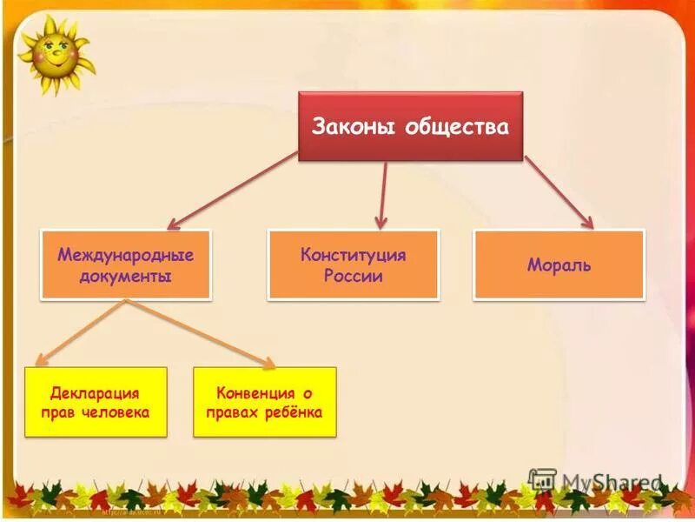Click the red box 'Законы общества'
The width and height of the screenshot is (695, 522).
(410, 127)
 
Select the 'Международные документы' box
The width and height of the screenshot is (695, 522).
(126, 264)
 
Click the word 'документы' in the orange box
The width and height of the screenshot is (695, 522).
(126, 276)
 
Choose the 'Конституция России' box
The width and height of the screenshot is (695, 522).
(353, 264)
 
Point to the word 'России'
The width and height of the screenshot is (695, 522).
(353, 276)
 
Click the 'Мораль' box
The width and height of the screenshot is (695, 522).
(559, 264)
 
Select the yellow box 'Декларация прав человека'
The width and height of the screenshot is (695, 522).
(95, 402)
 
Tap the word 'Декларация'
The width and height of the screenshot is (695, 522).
(95, 393)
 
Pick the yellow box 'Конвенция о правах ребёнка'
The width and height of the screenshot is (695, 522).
(264, 402)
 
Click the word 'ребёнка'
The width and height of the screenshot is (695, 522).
(295, 412)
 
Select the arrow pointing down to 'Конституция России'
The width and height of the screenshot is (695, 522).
(382, 196)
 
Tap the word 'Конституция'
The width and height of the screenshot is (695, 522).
(353, 255)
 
